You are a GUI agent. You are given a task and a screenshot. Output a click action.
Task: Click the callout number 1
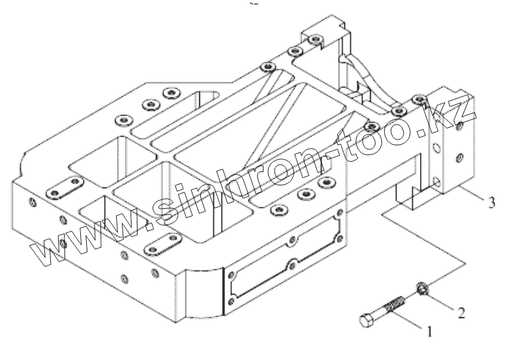pyautogui.click(x=428, y=331)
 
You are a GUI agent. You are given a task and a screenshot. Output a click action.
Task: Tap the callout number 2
pyautogui.click(x=461, y=312)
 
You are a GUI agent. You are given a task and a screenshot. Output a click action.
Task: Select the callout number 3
pyautogui.click(x=491, y=201)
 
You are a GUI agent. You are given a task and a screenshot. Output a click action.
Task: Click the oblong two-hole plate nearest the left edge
pyautogui.click(x=63, y=188)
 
